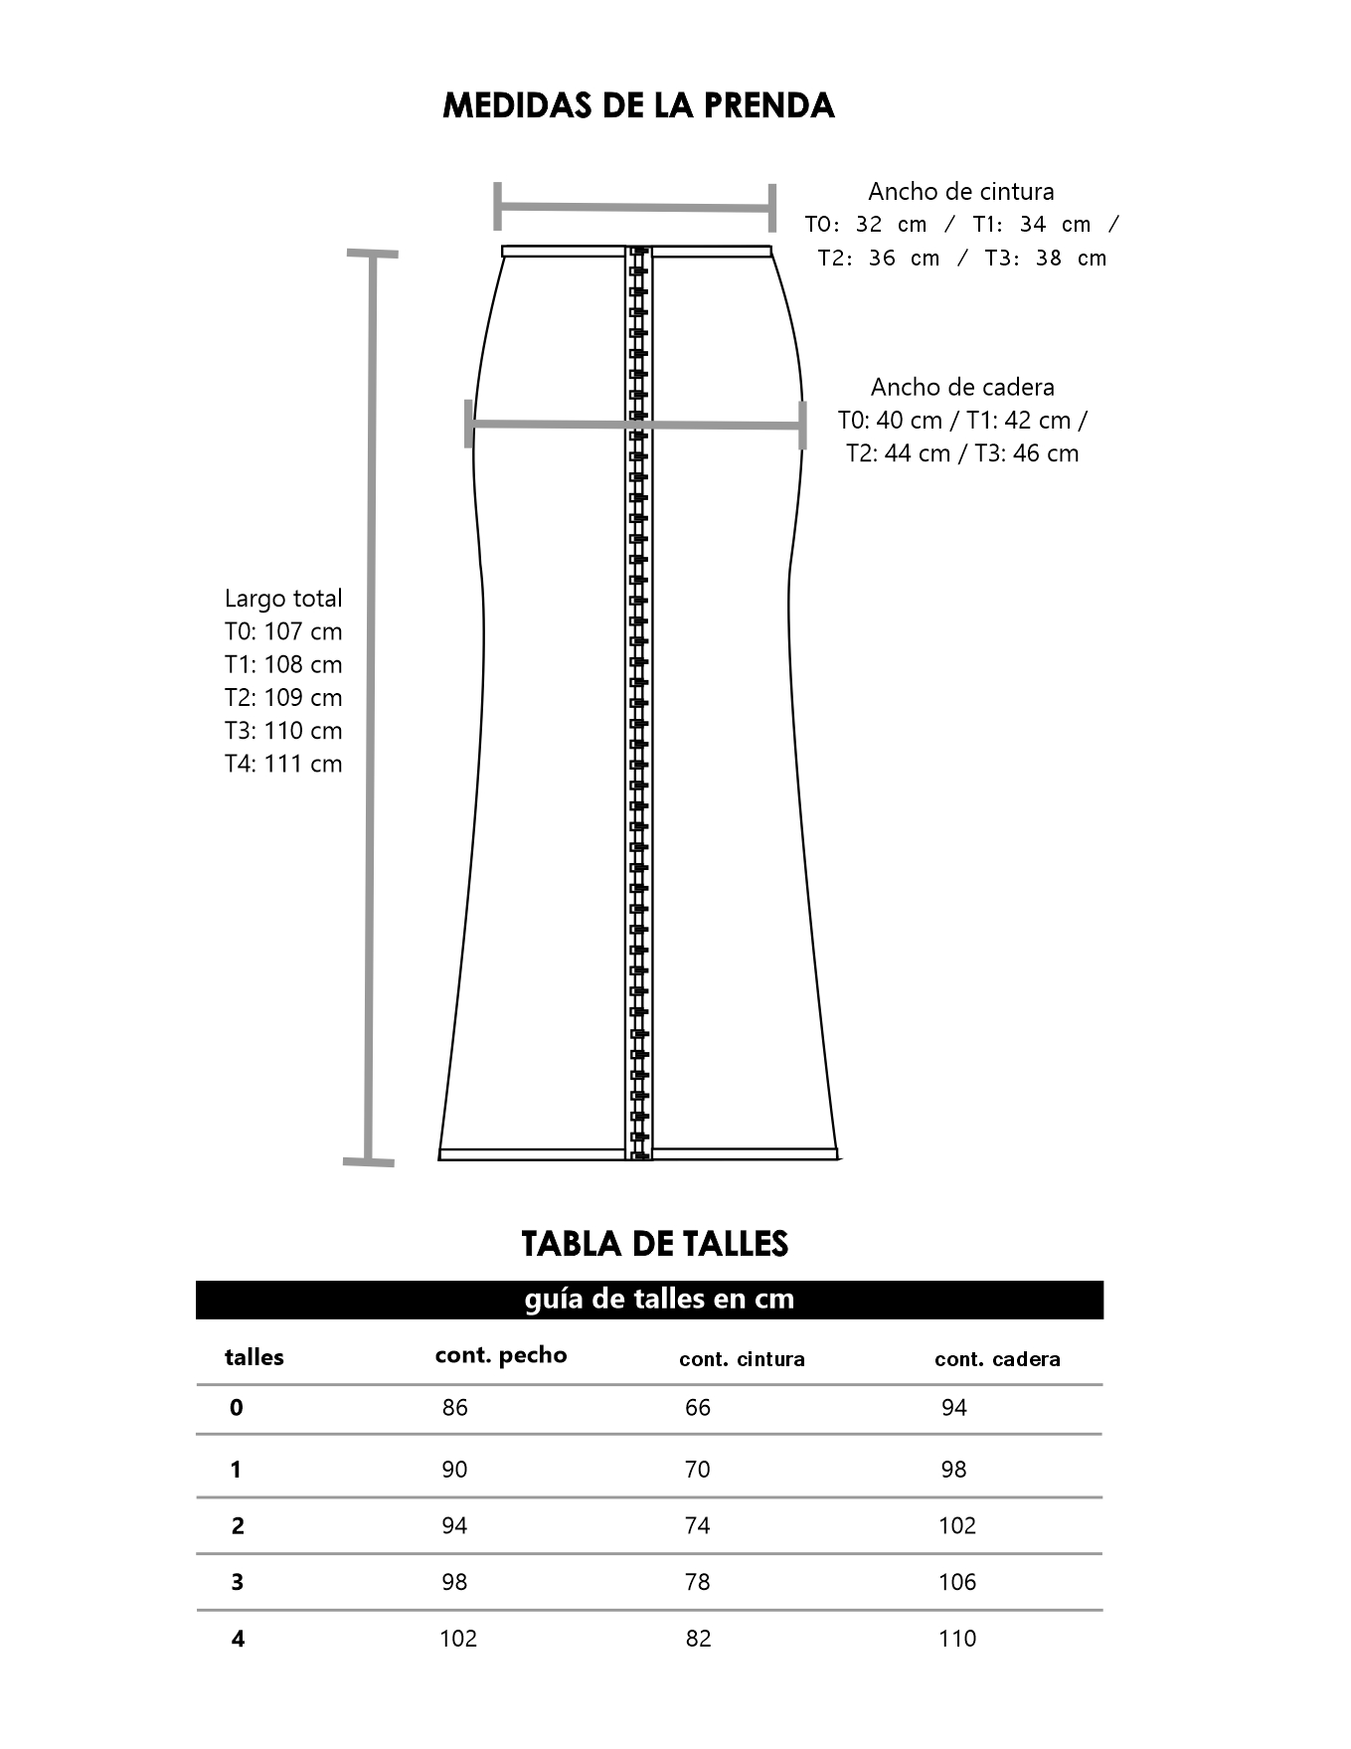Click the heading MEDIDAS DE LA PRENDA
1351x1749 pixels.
[x=637, y=105]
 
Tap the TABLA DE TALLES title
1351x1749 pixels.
[x=654, y=1243]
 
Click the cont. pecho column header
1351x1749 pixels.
[x=501, y=1355]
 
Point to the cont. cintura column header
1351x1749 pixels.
[x=742, y=1359]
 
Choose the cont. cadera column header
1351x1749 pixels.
[x=997, y=1359]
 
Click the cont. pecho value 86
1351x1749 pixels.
[x=454, y=1408]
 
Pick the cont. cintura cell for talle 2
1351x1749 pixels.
[x=698, y=1525]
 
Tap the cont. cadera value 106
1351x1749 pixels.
[x=957, y=1582]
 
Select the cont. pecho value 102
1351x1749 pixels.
[x=458, y=1639]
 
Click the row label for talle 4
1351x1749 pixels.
[x=238, y=1639]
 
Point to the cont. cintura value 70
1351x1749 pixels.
[x=698, y=1470]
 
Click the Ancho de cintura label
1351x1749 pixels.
[x=960, y=191]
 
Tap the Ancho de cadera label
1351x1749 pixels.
[x=962, y=387]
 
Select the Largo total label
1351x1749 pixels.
[x=283, y=599]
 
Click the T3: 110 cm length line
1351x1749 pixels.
[x=283, y=731]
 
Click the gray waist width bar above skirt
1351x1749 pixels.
[x=634, y=208]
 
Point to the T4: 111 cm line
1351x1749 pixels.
[x=283, y=764]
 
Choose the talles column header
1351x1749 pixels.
[x=253, y=1357]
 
